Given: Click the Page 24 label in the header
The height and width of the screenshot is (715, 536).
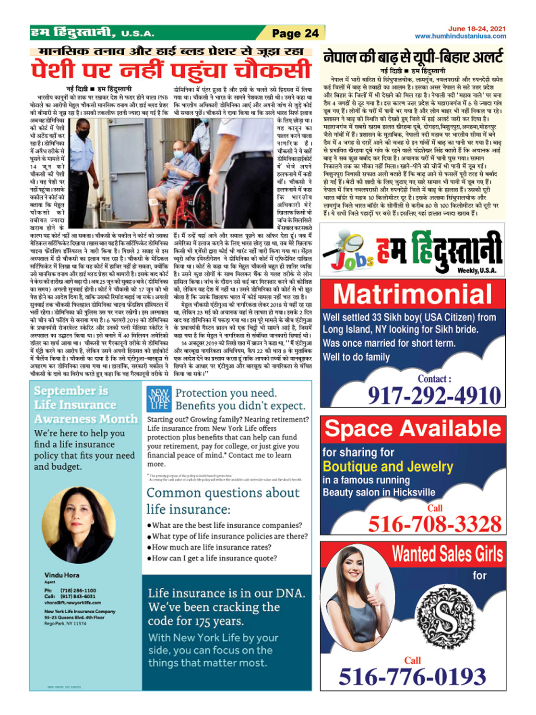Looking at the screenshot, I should tap(295, 33).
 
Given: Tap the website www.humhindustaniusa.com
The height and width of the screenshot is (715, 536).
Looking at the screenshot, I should tap(460, 36).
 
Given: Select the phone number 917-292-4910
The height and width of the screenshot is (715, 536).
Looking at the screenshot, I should tap(434, 396).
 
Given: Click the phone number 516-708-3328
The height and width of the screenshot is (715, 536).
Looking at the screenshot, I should tap(434, 524).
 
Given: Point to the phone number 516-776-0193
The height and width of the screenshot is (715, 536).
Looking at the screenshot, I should tap(412, 677).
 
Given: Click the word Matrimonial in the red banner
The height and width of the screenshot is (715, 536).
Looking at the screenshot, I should tap(413, 294).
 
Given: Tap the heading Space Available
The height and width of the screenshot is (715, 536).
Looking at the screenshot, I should tap(413, 428).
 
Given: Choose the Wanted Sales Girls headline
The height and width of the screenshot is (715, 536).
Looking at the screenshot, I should tap(447, 554).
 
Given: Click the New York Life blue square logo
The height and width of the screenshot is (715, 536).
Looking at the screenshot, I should tap(159, 399).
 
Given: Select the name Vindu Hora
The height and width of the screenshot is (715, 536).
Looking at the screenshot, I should tap(62, 575).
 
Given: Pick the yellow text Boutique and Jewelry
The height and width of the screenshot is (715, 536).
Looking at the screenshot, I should tap(388, 466).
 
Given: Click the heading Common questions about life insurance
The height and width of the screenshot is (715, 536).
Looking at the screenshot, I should tap(223, 500).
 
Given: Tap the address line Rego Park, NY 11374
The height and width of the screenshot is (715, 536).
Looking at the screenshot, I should tap(65, 623).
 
